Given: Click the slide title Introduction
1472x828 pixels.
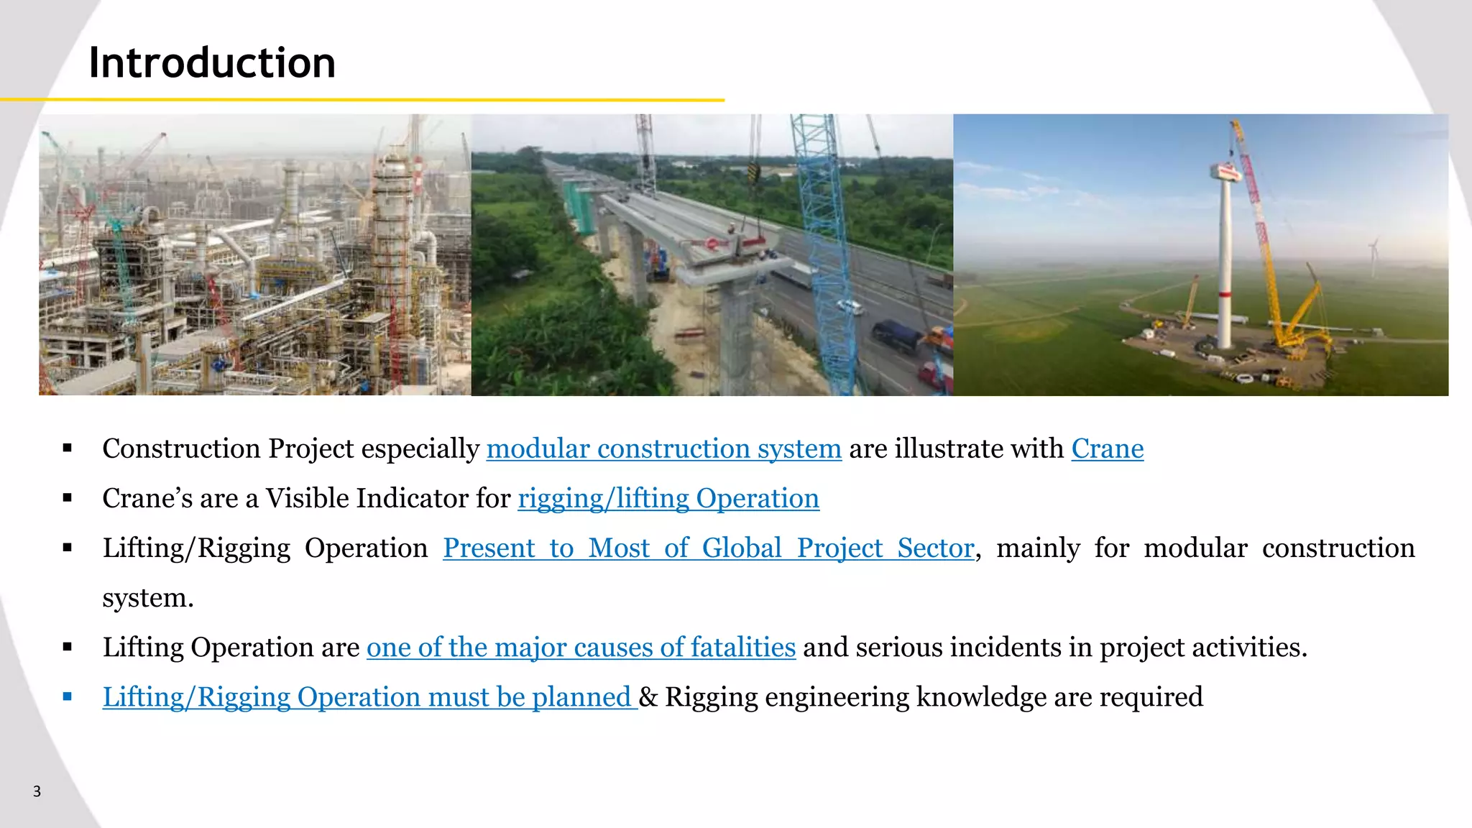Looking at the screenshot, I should [x=212, y=63].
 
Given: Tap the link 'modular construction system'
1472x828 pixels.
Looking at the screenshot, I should [x=663, y=448].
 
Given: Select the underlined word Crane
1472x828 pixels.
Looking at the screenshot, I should [x=1107, y=448].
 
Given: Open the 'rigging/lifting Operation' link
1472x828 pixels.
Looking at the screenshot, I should [x=668, y=498].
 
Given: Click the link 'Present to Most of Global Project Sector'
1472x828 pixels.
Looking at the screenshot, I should [x=708, y=548].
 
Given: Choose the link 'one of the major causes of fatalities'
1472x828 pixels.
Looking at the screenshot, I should [x=581, y=647].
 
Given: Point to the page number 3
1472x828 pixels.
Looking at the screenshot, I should [x=37, y=791].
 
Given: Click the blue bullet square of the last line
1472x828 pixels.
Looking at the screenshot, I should [x=68, y=696].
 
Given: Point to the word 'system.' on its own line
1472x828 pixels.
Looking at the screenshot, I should [x=148, y=597].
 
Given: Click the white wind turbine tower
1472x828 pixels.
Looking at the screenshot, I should [x=1225, y=273].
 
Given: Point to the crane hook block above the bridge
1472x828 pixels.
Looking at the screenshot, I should [x=753, y=172].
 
